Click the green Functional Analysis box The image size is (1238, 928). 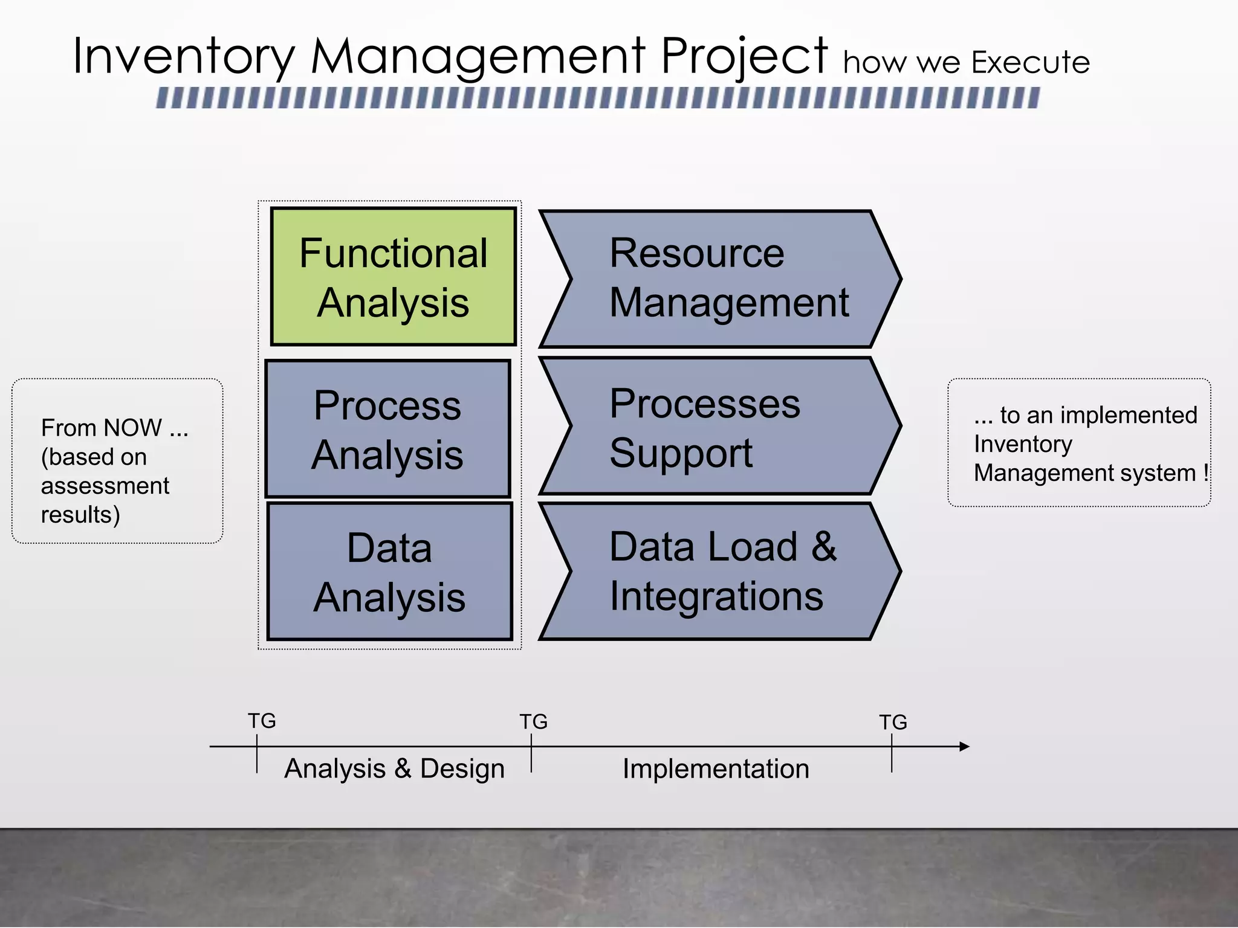point(393,277)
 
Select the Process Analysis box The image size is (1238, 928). point(388,429)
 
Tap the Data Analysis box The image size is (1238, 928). point(390,572)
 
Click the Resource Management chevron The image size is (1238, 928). point(719,279)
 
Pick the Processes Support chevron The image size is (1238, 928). point(719,427)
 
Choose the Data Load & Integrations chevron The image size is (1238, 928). point(719,571)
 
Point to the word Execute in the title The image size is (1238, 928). point(1030,62)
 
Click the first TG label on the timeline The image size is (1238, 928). point(262,721)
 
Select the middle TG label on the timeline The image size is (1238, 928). point(534,721)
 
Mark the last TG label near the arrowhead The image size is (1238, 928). point(893,722)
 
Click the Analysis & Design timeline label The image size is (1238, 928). point(394,768)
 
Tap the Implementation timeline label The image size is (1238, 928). point(716,768)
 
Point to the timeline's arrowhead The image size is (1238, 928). point(965,747)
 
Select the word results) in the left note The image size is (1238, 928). point(80,515)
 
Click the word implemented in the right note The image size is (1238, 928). point(1129,415)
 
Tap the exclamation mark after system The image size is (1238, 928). point(1205,472)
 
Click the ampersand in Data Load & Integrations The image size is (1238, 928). point(824,547)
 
